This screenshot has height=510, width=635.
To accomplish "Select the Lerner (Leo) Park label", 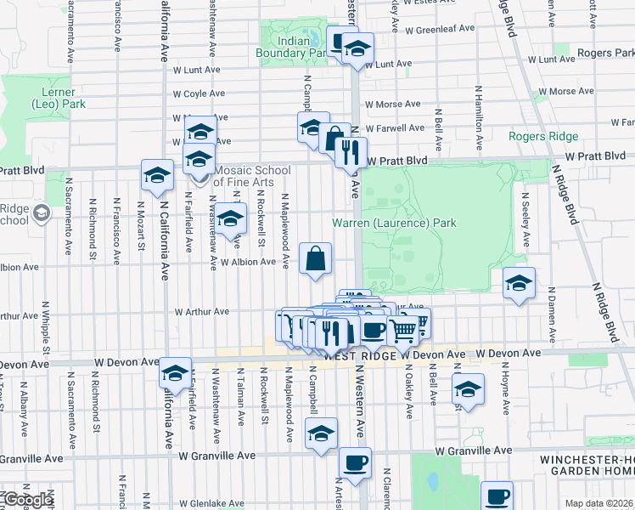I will coord(53,98).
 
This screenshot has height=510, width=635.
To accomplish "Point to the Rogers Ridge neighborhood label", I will coord(543,136).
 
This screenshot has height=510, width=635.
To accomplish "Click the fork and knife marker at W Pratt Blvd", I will coord(351,154).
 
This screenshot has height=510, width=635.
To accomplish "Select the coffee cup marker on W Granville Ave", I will coord(355,464).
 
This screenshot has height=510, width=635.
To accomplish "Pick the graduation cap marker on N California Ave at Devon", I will coord(176,373).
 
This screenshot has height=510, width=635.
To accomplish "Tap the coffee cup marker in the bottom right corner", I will coord(497,496).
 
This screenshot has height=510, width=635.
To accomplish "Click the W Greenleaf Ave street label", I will coord(440,29).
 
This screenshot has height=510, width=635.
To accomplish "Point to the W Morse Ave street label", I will coord(391,105).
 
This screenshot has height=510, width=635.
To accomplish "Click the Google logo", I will coord(26,501).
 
